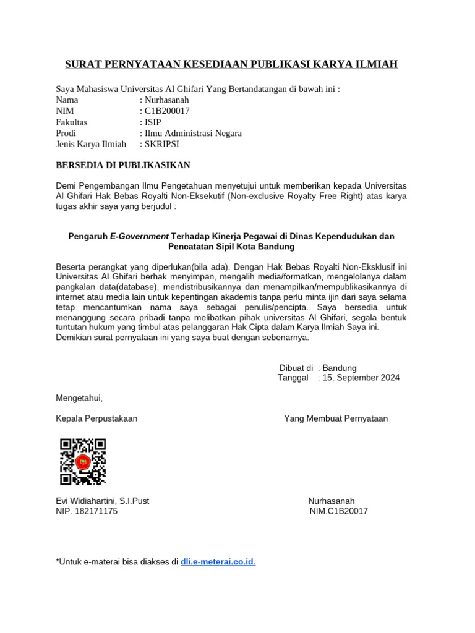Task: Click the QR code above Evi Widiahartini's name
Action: [x=83, y=461]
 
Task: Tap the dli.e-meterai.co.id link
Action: [x=218, y=561]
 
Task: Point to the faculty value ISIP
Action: [x=152, y=122]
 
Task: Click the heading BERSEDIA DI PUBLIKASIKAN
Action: [x=123, y=165]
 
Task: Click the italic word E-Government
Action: [x=139, y=236]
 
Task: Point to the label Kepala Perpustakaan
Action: [x=96, y=418]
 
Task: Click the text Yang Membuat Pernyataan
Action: [x=336, y=418]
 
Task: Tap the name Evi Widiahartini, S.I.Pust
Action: [x=103, y=501]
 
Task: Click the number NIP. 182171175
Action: [x=87, y=511]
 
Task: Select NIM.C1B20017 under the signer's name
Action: [x=338, y=511]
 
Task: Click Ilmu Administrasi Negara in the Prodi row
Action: [x=193, y=133]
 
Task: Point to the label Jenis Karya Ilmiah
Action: [x=91, y=144]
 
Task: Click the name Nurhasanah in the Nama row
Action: [x=166, y=100]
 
